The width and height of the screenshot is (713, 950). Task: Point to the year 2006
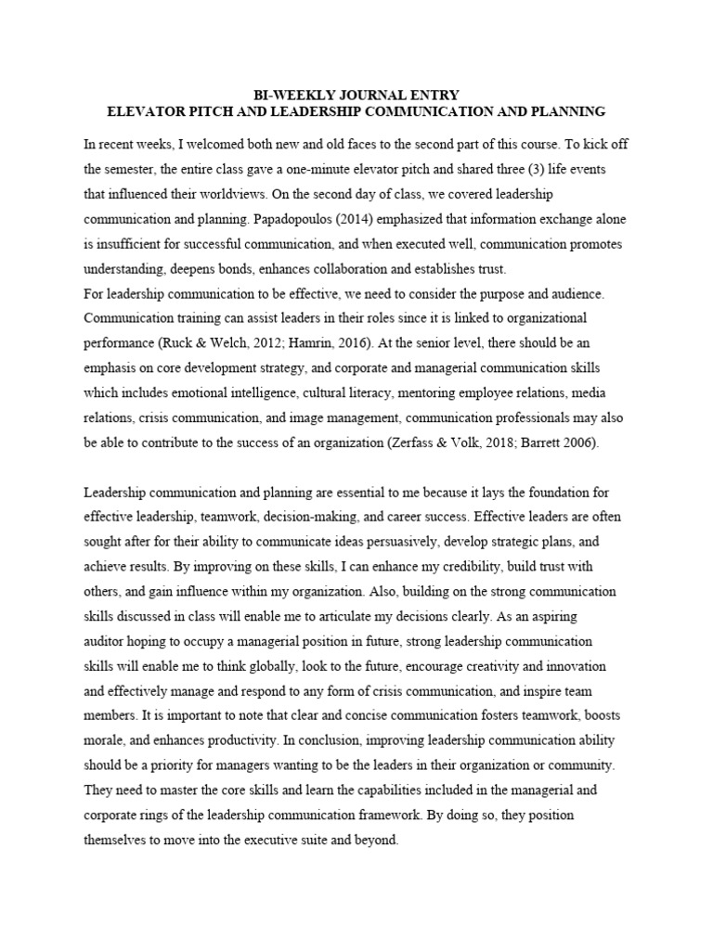[x=579, y=443]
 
